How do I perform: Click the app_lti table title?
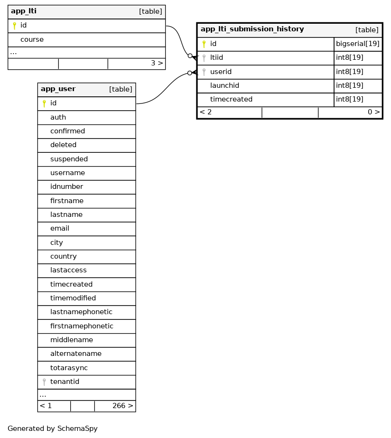click(x=24, y=11)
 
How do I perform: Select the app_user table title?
click(x=58, y=89)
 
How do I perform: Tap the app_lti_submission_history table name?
click(x=252, y=29)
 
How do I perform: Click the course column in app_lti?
click(x=32, y=39)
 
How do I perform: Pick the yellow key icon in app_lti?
click(x=14, y=26)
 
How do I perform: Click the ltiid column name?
click(x=216, y=57)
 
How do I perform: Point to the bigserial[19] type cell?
click(x=357, y=44)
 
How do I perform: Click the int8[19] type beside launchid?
click(x=350, y=85)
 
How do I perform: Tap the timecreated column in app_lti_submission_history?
click(x=231, y=99)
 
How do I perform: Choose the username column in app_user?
click(x=67, y=173)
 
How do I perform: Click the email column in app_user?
click(x=60, y=228)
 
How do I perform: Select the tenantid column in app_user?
click(x=65, y=382)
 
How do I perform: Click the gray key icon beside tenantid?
click(x=44, y=382)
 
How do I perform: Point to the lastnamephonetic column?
click(x=81, y=312)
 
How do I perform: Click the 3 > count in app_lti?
click(x=157, y=63)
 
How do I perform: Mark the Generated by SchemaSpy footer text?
click(x=53, y=429)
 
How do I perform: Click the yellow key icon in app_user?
click(x=44, y=103)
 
